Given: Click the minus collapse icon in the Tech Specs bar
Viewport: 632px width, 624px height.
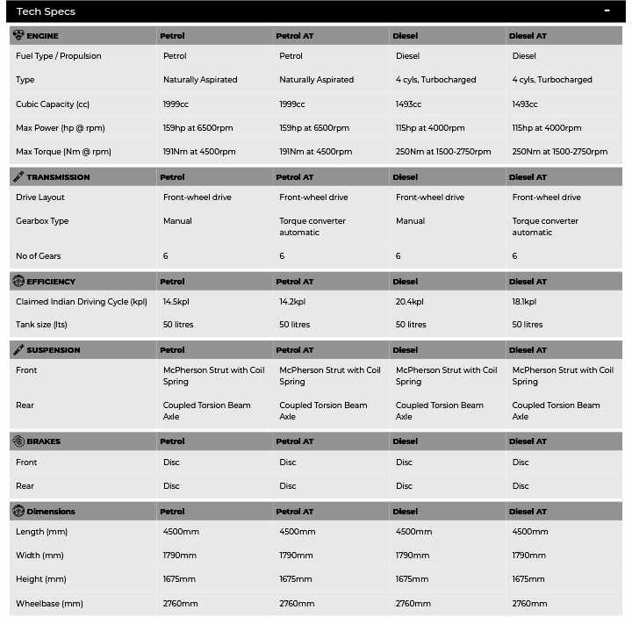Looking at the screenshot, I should [x=607, y=11].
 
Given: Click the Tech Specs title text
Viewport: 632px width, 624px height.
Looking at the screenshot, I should [x=46, y=11].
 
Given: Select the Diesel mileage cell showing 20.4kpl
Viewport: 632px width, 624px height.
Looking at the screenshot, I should [x=410, y=302].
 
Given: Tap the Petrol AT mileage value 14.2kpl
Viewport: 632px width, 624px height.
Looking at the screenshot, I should [x=293, y=302].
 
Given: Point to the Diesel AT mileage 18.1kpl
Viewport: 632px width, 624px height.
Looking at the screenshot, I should [x=524, y=302].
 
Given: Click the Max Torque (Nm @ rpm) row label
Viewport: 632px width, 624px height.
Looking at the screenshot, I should [x=63, y=152].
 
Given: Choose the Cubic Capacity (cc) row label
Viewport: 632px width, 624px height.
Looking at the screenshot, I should [x=53, y=104].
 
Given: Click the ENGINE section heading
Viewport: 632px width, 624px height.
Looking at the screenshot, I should [x=42, y=36].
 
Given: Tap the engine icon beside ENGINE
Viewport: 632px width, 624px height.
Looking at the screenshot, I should [x=18, y=35].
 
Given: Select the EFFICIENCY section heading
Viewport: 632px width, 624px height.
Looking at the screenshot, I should [x=51, y=282].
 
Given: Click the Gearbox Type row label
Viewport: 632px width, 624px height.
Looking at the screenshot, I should [x=42, y=221].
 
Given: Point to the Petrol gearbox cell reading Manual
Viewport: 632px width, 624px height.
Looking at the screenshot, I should [x=177, y=221].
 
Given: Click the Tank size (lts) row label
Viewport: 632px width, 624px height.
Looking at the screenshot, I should [x=41, y=325].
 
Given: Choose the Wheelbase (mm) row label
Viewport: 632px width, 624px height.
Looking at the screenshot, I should [x=49, y=604].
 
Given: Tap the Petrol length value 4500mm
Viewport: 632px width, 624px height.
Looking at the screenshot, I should [x=181, y=532].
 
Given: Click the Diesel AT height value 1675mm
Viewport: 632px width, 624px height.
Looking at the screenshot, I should [x=529, y=579].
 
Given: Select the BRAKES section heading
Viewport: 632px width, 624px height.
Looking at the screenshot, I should [x=43, y=441].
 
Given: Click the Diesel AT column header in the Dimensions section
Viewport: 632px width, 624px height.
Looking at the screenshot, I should [x=528, y=512].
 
